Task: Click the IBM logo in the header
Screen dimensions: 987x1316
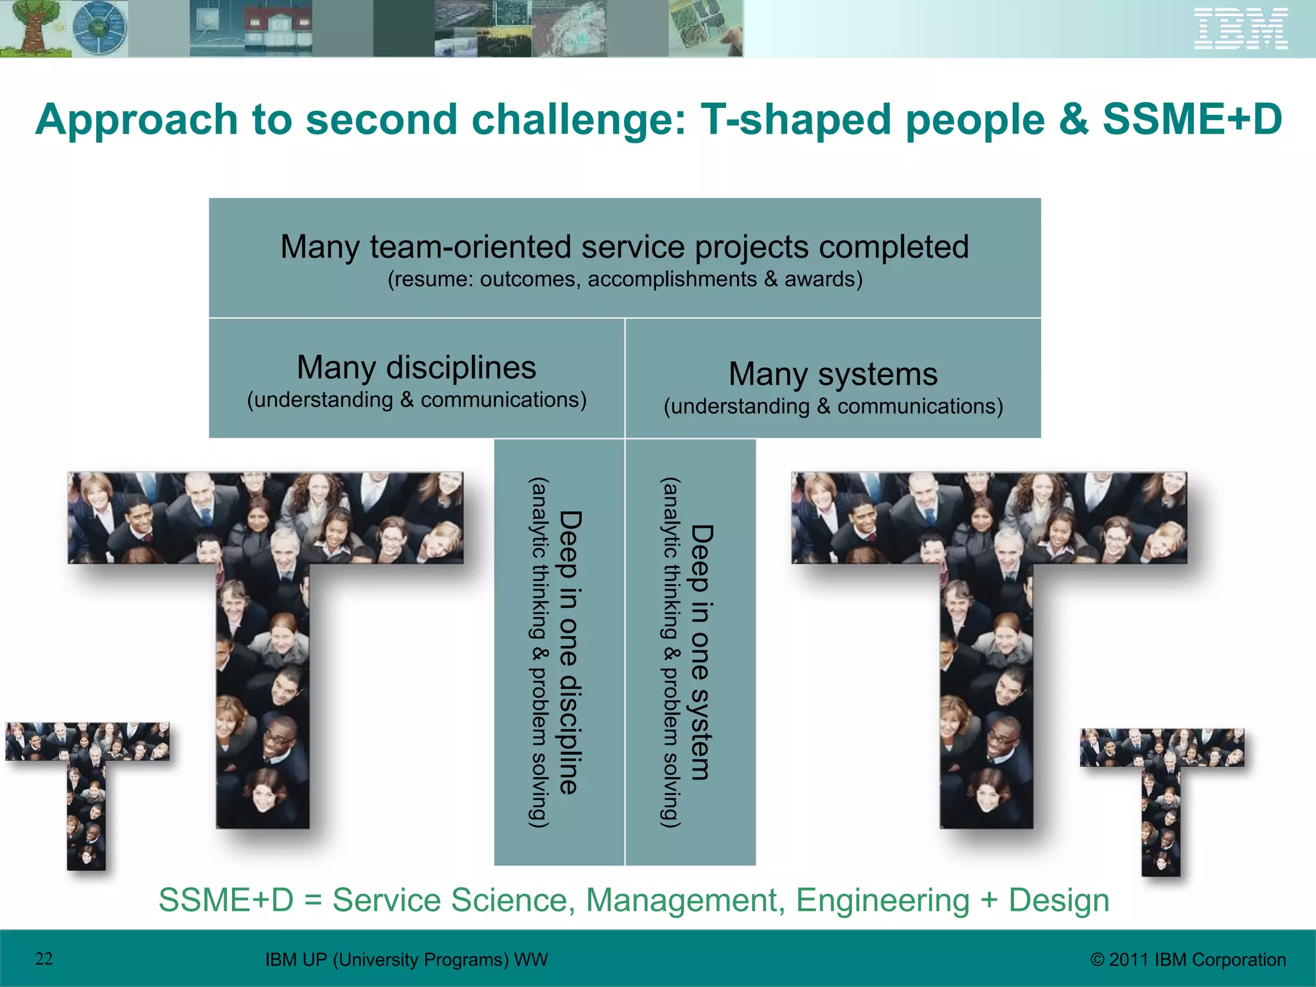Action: pyautogui.click(x=1241, y=28)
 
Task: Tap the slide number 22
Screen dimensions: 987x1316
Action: pyautogui.click(x=44, y=959)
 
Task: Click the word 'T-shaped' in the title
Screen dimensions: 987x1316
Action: pyautogui.click(x=796, y=120)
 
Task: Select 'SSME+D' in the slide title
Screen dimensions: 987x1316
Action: pyautogui.click(x=1193, y=120)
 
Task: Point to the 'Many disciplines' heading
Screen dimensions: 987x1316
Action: pyautogui.click(x=416, y=368)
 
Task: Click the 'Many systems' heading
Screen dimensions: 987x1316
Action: pyautogui.click(x=833, y=374)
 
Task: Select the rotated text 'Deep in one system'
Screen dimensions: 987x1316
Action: pyautogui.click(x=701, y=652)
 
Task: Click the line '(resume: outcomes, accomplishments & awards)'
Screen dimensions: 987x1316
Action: pyautogui.click(x=625, y=280)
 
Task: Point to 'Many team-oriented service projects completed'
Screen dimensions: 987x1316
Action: pyautogui.click(x=625, y=247)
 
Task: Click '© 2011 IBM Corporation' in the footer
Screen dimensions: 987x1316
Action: pyautogui.click(x=1188, y=959)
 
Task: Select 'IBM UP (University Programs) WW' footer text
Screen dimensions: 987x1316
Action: pyautogui.click(x=406, y=959)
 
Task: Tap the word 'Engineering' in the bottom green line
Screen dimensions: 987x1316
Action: pyautogui.click(x=882, y=900)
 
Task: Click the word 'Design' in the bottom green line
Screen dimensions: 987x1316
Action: pyautogui.click(x=1058, y=900)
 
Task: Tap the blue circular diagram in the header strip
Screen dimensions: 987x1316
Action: pyautogui.click(x=99, y=28)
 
